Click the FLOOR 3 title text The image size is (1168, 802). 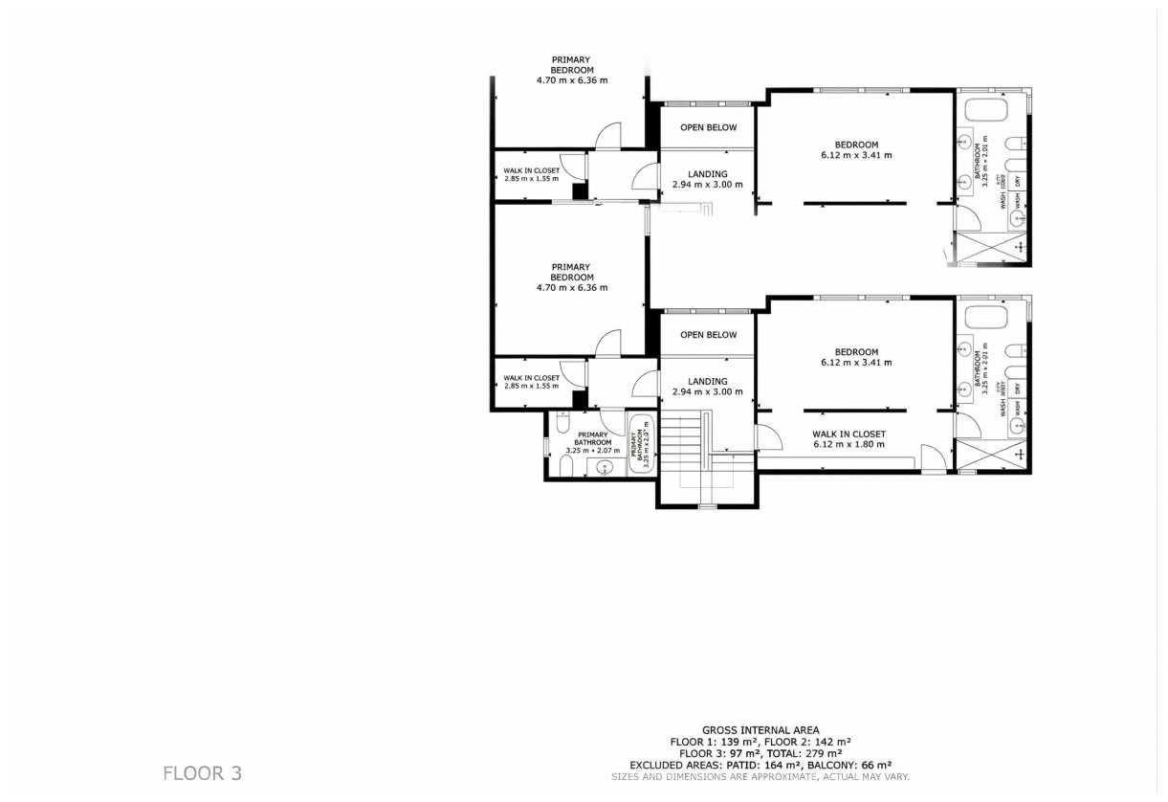[202, 772]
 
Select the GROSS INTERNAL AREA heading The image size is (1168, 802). [760, 730]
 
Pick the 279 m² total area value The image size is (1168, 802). [821, 753]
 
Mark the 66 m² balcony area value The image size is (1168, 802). [873, 765]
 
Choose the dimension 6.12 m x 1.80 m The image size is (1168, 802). [848, 444]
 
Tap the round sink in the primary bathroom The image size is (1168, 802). [604, 468]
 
